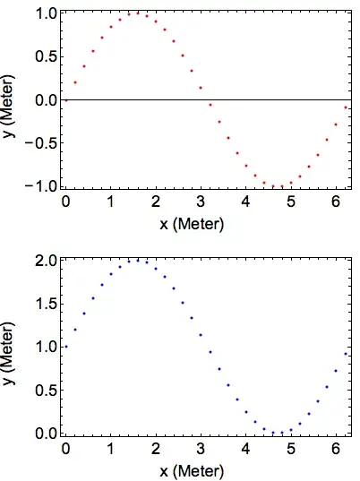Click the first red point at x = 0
click(x=65, y=100)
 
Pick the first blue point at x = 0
click(x=65, y=347)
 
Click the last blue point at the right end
click(x=346, y=354)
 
